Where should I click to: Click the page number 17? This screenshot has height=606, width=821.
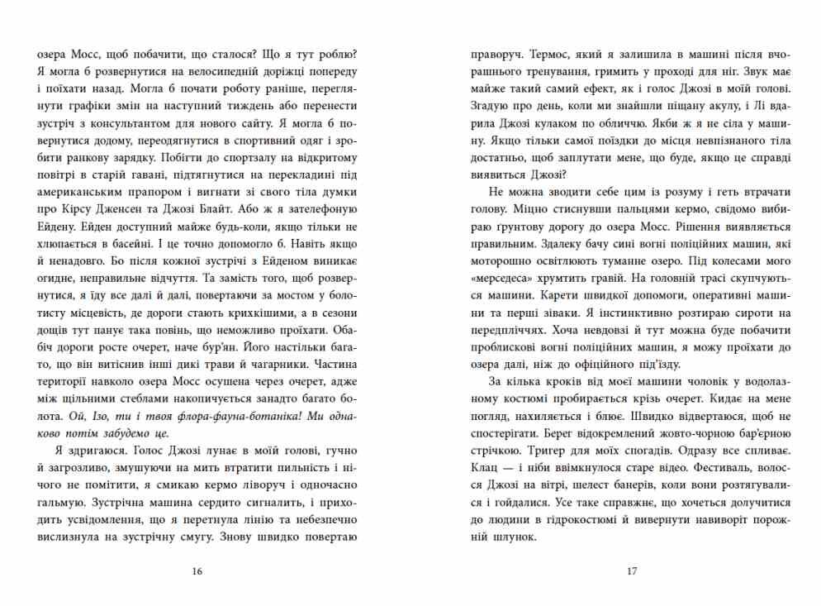point(631,570)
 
